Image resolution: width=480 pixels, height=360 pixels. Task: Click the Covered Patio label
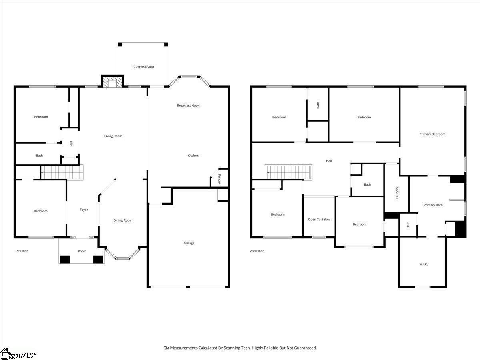144,67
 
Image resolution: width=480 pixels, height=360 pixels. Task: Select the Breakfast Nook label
188,106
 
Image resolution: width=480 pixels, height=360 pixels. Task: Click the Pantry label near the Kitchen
220,179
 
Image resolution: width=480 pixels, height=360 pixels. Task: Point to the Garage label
189,243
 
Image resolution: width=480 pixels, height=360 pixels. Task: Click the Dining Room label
123,220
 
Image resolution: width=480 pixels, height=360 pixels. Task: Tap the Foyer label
84,210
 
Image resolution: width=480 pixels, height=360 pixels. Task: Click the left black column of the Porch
65,259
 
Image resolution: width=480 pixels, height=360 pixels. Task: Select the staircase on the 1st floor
62,172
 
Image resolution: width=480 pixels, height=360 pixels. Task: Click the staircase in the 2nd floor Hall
289,172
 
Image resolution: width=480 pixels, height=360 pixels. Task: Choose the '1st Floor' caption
22,251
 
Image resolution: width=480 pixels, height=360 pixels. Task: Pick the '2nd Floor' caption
257,251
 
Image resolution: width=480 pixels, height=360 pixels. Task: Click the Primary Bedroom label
432,134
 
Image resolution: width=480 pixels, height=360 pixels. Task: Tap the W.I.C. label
424,264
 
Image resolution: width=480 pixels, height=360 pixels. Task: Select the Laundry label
398,193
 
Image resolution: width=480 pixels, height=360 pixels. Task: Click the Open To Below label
319,219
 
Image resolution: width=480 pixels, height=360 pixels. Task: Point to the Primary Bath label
433,205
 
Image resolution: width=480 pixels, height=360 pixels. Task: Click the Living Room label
113,136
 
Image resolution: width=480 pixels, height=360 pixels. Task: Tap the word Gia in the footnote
166,348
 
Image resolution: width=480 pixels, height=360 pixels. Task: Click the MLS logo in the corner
18,354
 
